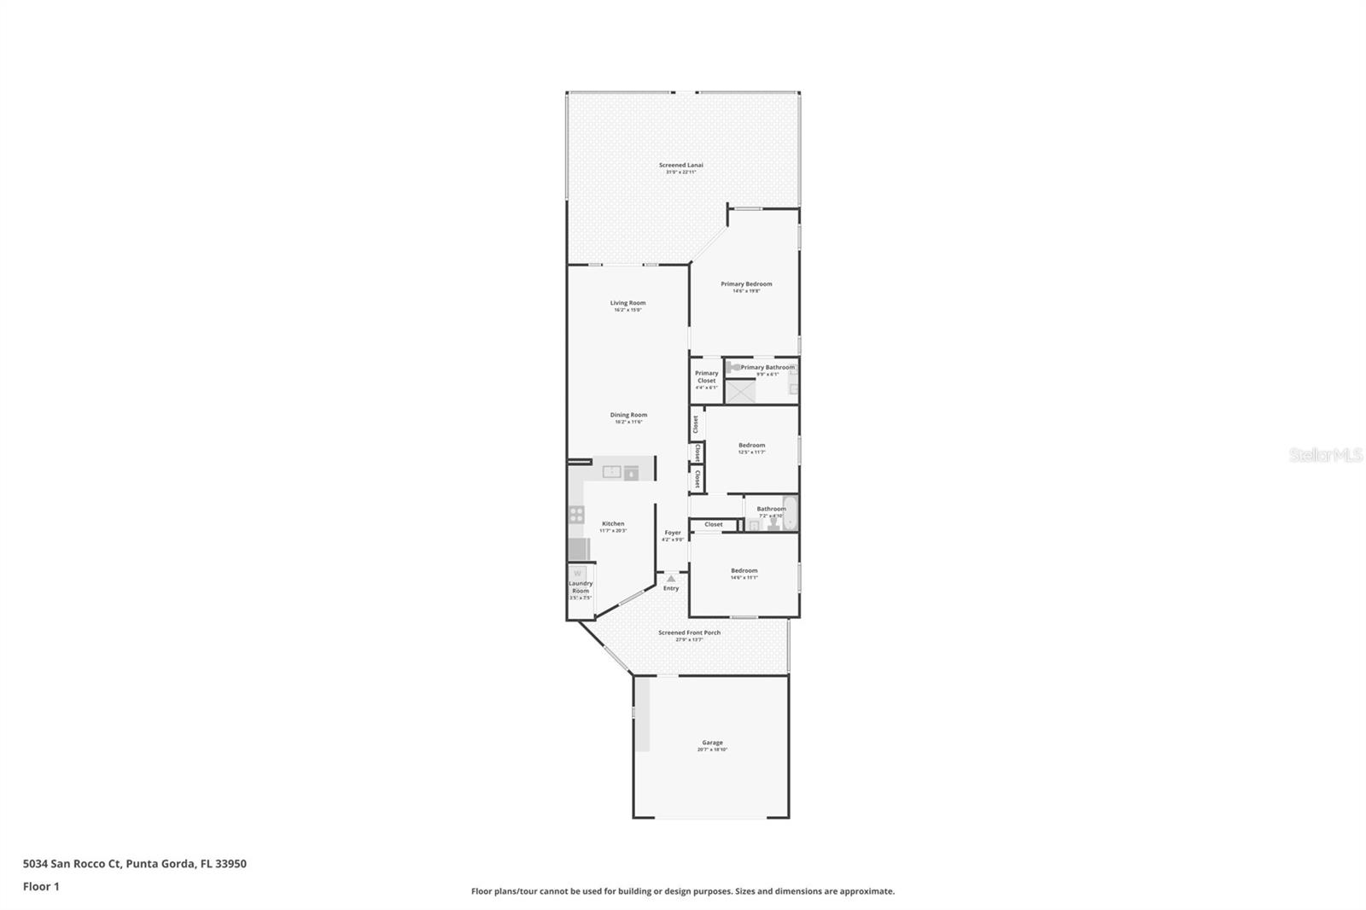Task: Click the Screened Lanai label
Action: pos(680,166)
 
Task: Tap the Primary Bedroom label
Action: pos(746,284)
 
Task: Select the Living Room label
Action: pos(628,303)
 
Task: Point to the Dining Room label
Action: pos(628,416)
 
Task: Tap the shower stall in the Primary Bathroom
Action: pos(741,391)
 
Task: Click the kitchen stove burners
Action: pos(577,514)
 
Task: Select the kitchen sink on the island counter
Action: pos(612,472)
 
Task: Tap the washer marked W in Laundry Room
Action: pos(578,574)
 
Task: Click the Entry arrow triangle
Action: pos(671,579)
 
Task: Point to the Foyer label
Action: pos(673,533)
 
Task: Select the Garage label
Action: pos(712,743)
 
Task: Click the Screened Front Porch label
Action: pos(689,633)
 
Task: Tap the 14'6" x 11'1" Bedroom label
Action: pos(744,571)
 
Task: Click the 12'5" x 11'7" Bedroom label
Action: pos(751,446)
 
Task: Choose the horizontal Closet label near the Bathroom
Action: pos(714,524)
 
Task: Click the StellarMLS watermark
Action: pos(1325,456)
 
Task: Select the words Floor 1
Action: pos(41,886)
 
